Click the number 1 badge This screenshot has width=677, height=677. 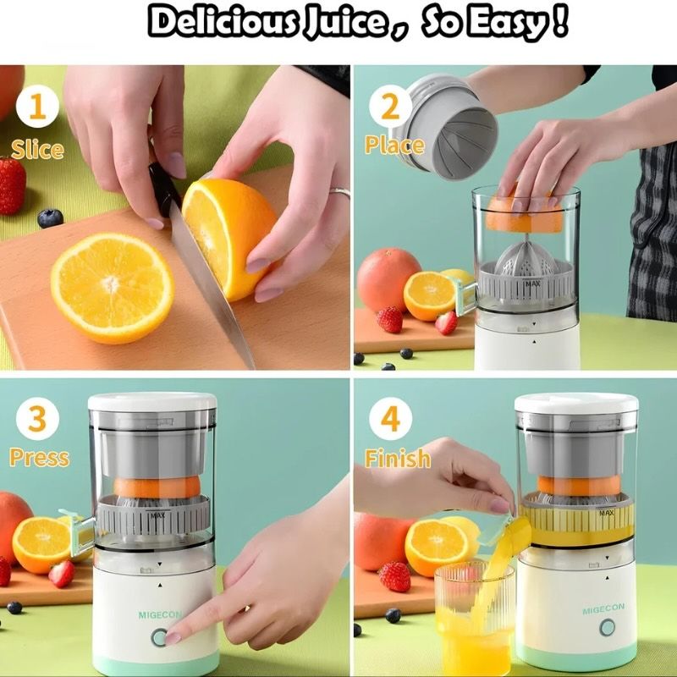pos(36,109)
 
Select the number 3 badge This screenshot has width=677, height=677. pos(36,419)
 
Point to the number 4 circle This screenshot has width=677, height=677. pos(390,419)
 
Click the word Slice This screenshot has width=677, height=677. pos(37,150)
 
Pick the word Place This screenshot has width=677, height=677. pos(394,146)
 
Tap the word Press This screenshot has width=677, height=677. pos(39,458)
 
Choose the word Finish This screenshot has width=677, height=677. pos(397,459)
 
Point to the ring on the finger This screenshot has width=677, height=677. pos(340,192)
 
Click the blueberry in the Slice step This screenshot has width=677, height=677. pos(50,217)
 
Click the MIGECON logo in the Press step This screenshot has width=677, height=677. pos(159,615)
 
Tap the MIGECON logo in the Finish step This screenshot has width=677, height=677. pos(603,610)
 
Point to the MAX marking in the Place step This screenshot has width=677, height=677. pos(532,284)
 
